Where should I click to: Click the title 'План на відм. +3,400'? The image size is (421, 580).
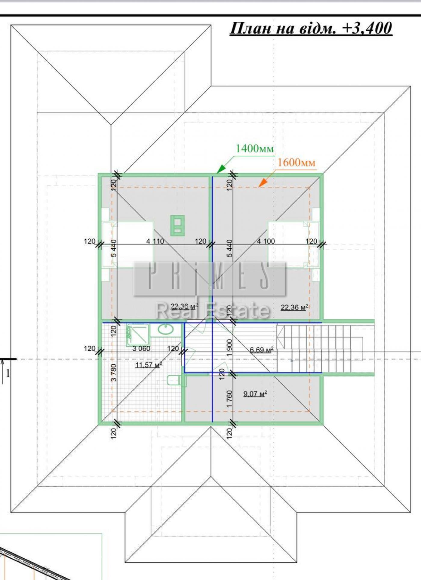point(311,29)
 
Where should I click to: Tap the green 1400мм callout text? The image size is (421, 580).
point(255,148)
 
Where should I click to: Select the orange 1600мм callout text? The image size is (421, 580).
point(296,162)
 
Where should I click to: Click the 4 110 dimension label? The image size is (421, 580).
point(155,241)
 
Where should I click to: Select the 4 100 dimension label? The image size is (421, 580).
point(266,241)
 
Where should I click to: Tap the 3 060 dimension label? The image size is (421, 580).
point(141,348)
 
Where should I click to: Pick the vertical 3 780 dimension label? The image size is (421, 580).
point(113,373)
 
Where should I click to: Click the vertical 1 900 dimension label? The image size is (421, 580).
point(229,348)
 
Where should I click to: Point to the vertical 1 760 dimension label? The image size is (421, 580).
point(229,399)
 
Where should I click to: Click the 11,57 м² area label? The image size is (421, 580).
point(149,365)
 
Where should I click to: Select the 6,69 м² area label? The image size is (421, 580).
point(262,350)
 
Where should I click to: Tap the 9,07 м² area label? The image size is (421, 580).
point(255,394)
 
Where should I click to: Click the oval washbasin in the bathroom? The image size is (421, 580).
point(166,330)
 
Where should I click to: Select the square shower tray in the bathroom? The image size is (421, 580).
point(138,334)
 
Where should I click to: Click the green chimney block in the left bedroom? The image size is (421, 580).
point(177,225)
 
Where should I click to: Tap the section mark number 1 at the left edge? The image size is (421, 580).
point(8,374)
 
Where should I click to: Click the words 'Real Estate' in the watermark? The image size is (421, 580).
point(213,310)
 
